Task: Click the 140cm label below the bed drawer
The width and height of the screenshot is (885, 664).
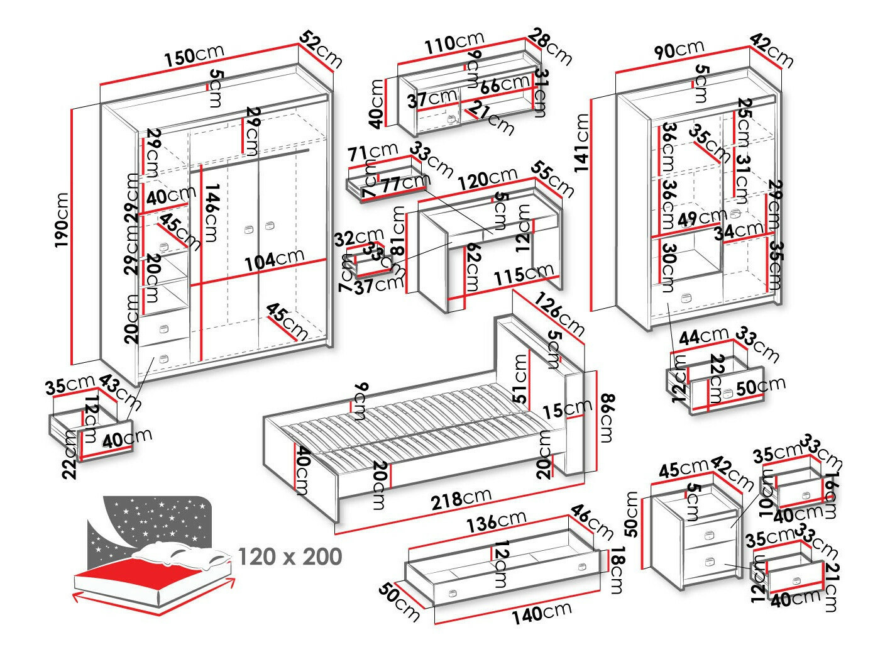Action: point(541,612)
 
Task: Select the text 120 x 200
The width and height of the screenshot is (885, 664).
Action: point(290,556)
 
